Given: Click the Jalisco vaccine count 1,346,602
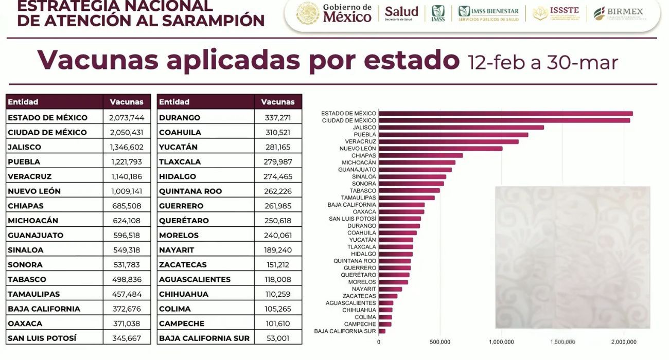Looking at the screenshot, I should point(126,147).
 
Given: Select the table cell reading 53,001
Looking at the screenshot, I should point(278,338).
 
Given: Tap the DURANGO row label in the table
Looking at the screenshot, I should point(180,118).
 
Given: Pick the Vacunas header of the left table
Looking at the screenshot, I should point(126,102).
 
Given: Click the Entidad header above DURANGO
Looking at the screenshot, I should point(174,102).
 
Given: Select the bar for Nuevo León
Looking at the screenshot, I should point(441,149).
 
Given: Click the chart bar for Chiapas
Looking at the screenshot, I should point(420,155).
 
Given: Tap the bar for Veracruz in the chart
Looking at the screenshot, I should point(448,141).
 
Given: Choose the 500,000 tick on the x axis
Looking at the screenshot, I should point(440,342).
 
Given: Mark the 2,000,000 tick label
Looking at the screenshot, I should point(624,342).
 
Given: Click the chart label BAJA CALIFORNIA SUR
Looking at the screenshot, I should point(345,331).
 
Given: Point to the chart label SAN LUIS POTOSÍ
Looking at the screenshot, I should point(353,219).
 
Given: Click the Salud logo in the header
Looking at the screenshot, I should point(401,13).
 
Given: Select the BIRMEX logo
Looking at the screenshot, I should point(618,13).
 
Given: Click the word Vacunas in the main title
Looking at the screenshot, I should point(98,61).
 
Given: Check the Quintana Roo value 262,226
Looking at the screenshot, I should point(278,191).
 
